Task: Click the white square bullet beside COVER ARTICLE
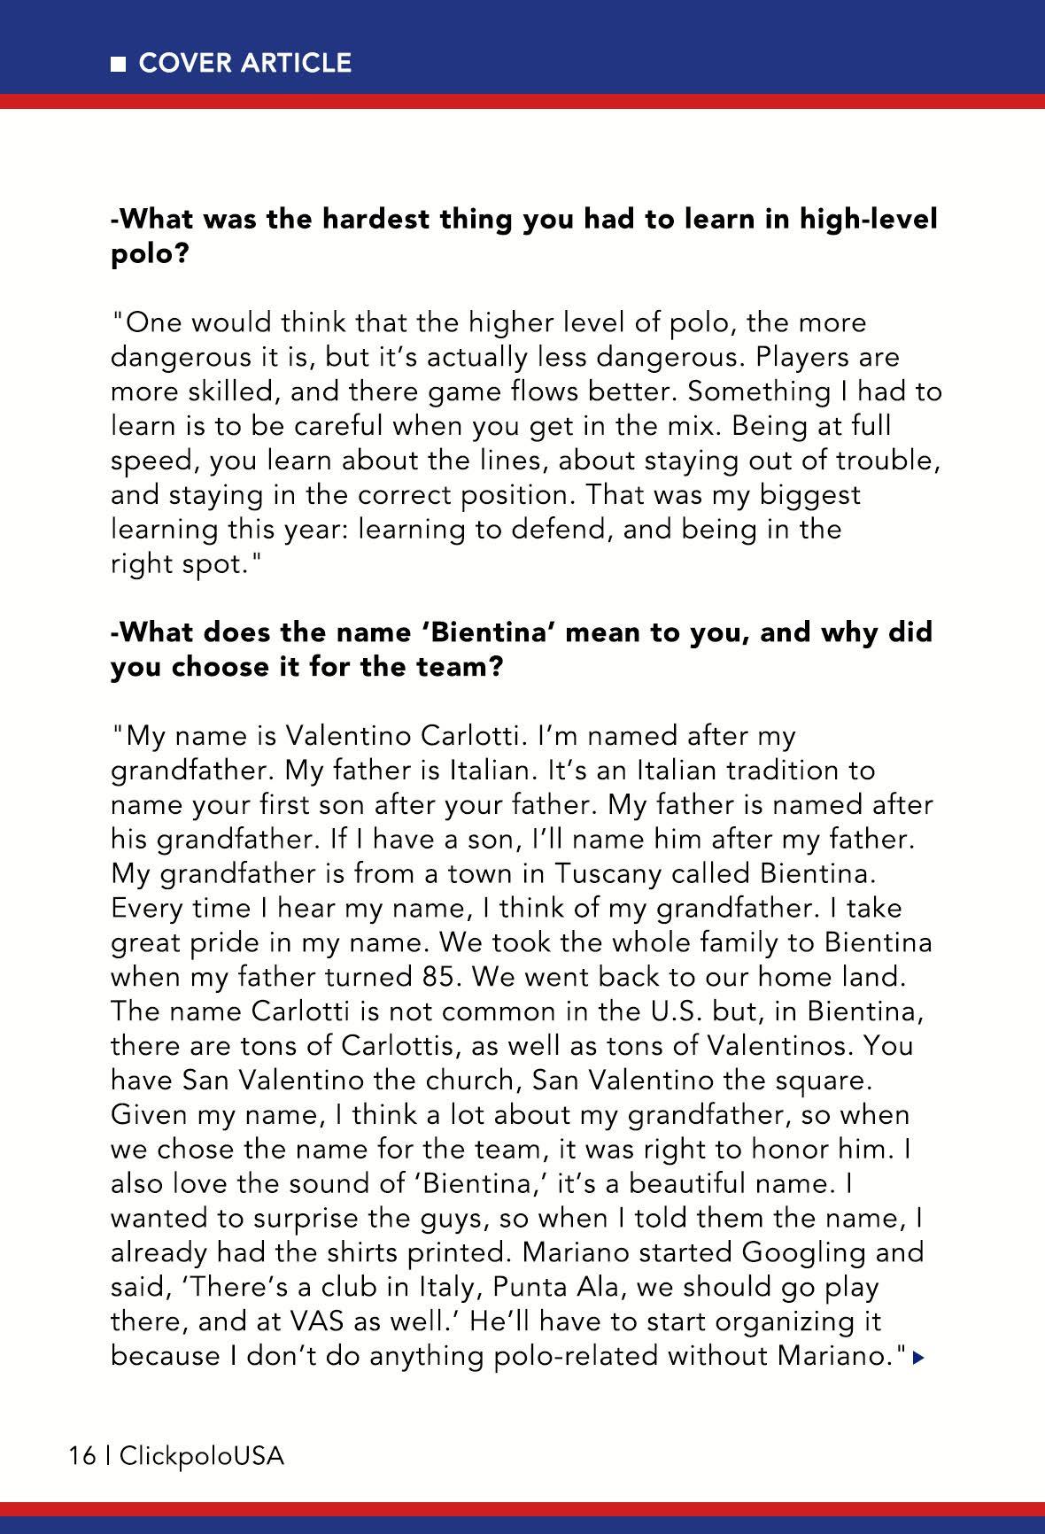click(x=118, y=64)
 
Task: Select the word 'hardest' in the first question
click(x=375, y=219)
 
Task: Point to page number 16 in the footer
click(x=81, y=1456)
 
